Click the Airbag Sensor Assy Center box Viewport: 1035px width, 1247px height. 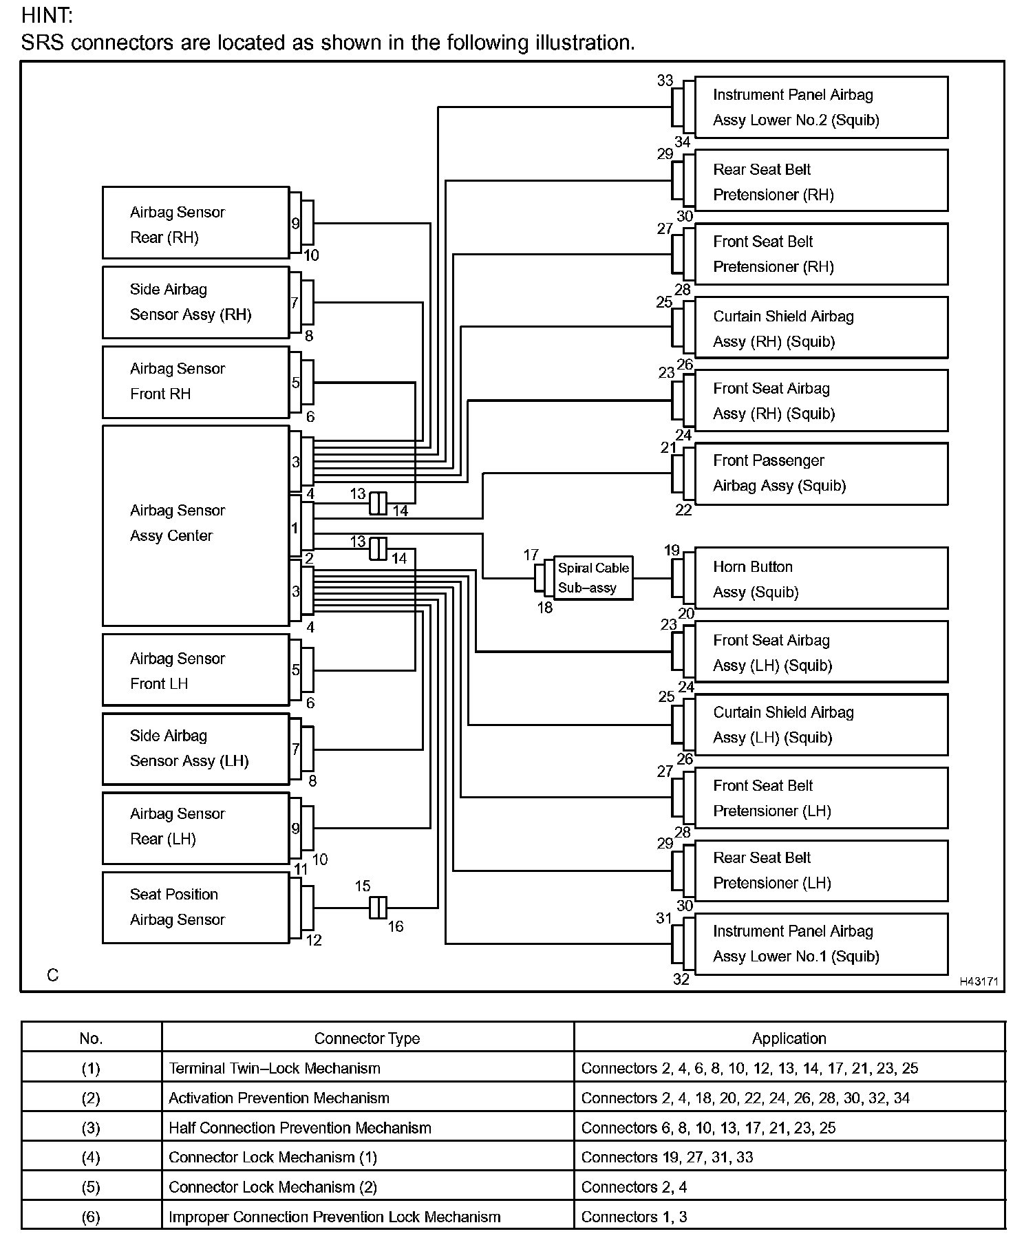(195, 526)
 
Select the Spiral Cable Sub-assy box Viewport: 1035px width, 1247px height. (593, 578)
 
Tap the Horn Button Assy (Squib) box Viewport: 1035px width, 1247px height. (821, 579)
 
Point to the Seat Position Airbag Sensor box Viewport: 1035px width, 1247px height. (195, 907)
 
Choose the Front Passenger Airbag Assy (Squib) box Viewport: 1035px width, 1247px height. (821, 473)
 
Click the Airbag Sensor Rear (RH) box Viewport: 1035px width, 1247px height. (195, 223)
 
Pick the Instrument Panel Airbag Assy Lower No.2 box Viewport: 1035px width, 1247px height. (821, 107)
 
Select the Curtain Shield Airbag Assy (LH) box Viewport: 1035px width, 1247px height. (821, 725)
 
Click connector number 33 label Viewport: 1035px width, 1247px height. (665, 81)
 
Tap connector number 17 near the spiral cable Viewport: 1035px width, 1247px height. (531, 555)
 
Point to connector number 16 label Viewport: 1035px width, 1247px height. (395, 926)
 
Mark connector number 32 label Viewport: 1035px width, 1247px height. (681, 979)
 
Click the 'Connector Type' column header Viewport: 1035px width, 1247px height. (367, 1038)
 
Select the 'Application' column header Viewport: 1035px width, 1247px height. (789, 1038)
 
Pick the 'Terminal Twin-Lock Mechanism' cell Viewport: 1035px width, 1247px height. (275, 1068)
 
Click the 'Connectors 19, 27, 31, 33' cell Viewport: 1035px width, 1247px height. (667, 1157)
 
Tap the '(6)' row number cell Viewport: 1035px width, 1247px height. (91, 1217)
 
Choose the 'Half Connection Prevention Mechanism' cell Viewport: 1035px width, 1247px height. (300, 1127)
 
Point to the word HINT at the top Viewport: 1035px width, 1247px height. (47, 15)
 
